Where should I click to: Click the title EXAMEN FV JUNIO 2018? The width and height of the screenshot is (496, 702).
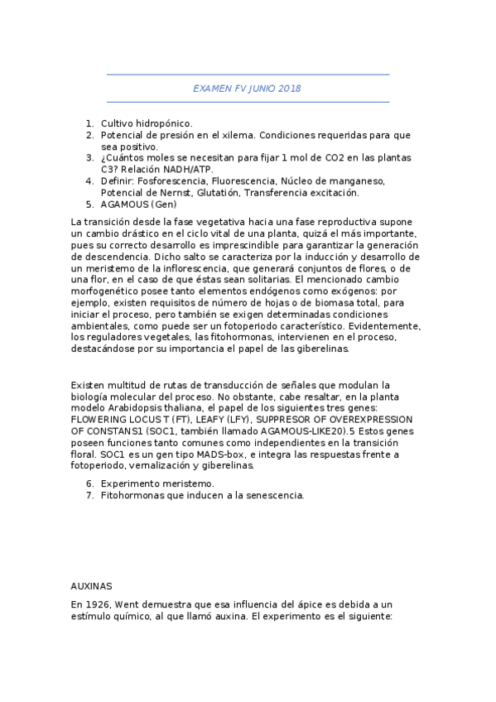pyautogui.click(x=247, y=89)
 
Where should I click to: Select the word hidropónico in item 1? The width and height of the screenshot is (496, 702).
pyautogui.click(x=164, y=123)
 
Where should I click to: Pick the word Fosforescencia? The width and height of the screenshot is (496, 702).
pyautogui.click(x=172, y=181)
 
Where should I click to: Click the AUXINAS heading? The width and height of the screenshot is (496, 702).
pyautogui.click(x=91, y=584)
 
